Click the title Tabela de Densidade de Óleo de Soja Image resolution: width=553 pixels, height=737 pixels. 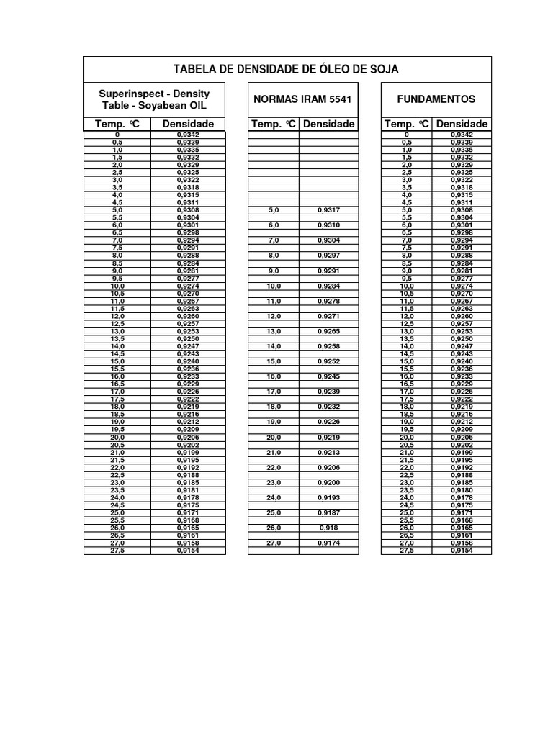[286, 69]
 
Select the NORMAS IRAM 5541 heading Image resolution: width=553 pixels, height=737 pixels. [302, 99]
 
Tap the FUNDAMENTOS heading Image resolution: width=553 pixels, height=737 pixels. [436, 99]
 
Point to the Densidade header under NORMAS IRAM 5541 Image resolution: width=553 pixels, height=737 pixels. [328, 124]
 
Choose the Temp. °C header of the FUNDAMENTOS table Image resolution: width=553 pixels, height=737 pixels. [406, 124]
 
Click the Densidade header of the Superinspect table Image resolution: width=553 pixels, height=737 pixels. [188, 124]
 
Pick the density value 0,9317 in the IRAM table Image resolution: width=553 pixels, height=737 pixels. [328, 210]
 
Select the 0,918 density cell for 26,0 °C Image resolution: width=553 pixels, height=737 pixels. [328, 528]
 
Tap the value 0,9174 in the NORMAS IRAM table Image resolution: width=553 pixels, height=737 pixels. [328, 543]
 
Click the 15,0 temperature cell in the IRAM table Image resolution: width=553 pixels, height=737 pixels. [274, 361]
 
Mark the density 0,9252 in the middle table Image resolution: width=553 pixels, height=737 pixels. [328, 361]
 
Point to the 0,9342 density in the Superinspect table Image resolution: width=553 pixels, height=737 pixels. [188, 135]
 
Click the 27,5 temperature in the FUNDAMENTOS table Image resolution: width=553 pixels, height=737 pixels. [406, 551]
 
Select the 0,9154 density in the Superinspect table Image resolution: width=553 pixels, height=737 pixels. [188, 551]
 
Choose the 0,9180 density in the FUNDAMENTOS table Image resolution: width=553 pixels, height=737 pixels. [462, 490]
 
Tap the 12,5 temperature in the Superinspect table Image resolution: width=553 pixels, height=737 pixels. [117, 324]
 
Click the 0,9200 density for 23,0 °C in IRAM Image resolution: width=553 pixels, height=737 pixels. [328, 482]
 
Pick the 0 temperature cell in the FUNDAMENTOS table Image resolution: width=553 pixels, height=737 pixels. [406, 135]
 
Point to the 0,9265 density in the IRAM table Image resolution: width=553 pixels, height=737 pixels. [328, 331]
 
